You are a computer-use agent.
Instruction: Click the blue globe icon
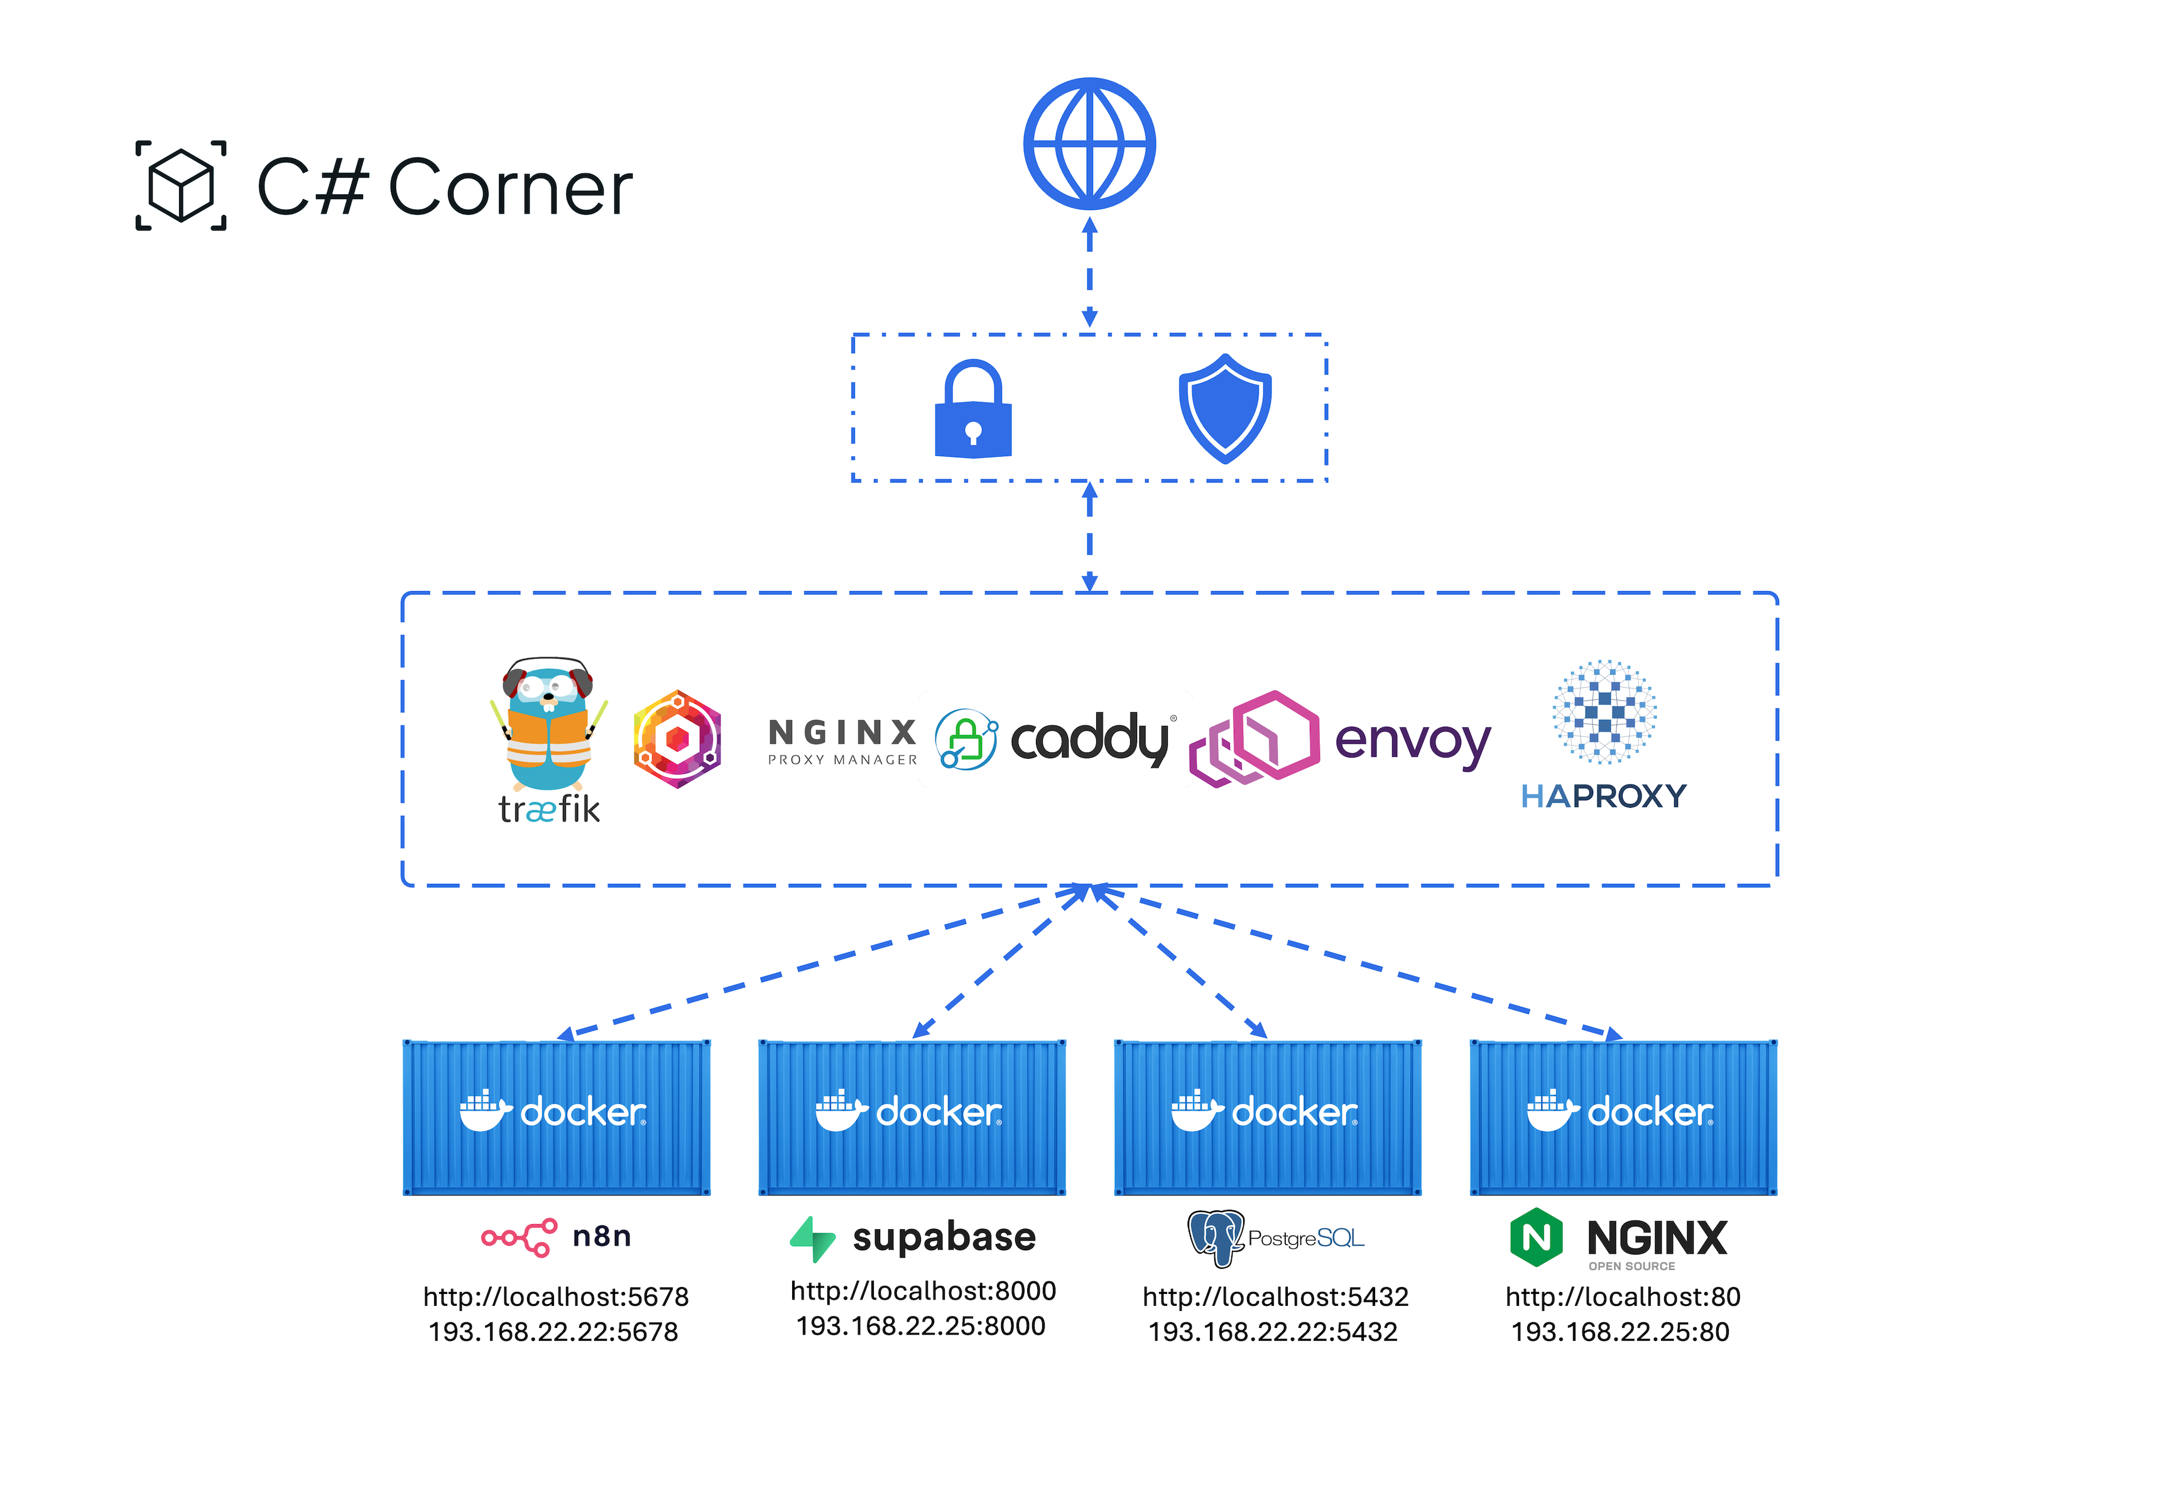pos(1089,143)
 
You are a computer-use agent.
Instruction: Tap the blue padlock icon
pos(973,410)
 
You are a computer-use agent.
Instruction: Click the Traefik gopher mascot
pos(549,724)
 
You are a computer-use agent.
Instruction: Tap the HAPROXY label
pos(1604,796)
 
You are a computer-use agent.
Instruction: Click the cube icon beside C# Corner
pos(181,185)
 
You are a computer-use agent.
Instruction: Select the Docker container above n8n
pos(556,1117)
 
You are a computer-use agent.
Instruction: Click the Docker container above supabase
pos(912,1117)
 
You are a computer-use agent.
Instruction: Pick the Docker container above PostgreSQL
pos(1267,1117)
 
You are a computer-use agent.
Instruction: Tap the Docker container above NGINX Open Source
pos(1623,1117)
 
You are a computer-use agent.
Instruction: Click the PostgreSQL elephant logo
pos(1216,1237)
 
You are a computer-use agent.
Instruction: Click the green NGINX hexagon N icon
pos(1536,1237)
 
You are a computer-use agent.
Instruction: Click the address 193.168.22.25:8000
pos(920,1326)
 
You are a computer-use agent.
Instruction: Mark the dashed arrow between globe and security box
pos(1089,272)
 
